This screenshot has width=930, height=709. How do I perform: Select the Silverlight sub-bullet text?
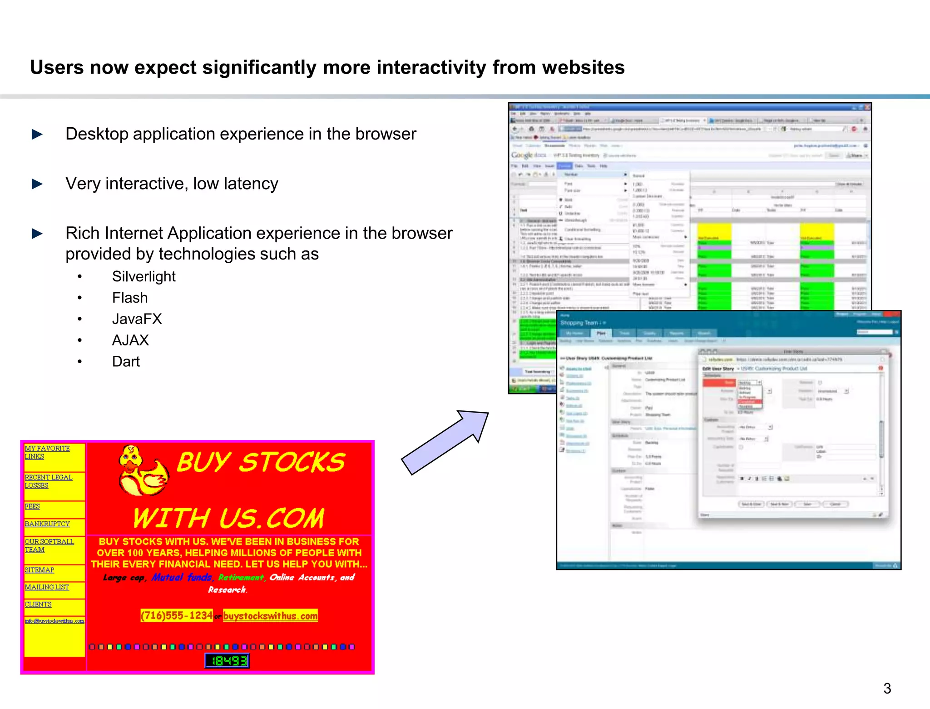[143, 276]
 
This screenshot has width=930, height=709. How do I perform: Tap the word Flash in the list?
[130, 298]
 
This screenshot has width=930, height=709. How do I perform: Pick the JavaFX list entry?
[137, 319]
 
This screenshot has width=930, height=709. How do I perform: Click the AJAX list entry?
[130, 340]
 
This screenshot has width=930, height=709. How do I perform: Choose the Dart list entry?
[126, 362]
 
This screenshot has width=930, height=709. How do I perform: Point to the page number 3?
[887, 688]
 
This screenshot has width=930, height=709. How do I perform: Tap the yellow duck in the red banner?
[142, 472]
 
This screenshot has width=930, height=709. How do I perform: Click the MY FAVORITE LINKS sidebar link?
[47, 452]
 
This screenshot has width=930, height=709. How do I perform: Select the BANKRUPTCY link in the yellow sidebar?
[47, 524]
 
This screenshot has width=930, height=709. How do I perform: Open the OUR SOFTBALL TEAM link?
[49, 545]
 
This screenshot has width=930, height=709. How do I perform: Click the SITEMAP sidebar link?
[39, 570]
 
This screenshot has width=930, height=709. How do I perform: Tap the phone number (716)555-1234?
[177, 616]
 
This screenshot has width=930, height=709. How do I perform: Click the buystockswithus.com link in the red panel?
[270, 616]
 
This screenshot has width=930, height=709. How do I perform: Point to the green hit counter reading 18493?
[227, 661]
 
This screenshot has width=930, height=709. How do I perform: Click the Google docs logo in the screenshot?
[528, 155]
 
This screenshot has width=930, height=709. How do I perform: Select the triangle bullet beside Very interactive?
[37, 184]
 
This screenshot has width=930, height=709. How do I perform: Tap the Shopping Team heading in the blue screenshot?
[579, 323]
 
